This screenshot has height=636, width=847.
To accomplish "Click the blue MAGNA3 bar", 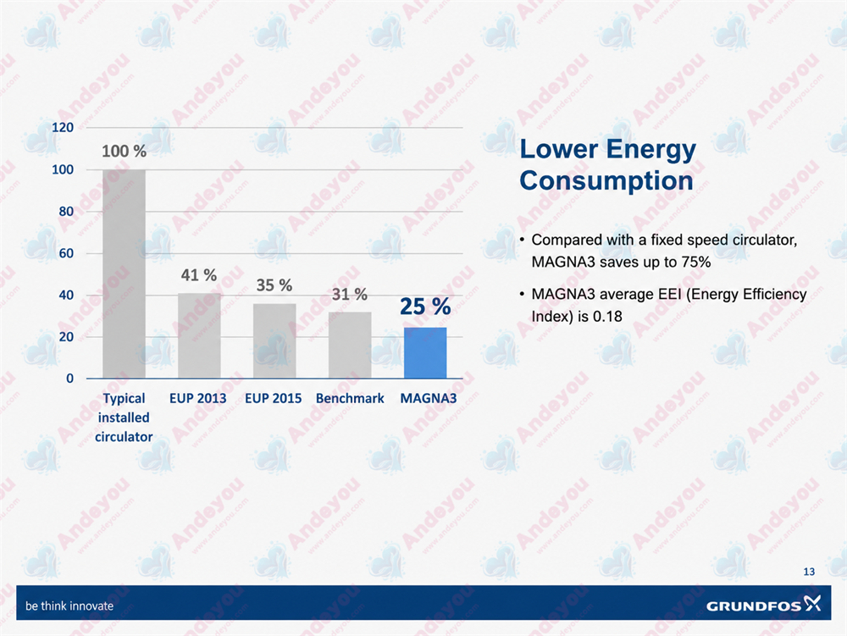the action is pyautogui.click(x=425, y=352).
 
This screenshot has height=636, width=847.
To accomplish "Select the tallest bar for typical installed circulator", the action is pyautogui.click(x=124, y=274).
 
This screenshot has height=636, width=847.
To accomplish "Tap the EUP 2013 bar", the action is pyautogui.click(x=199, y=336).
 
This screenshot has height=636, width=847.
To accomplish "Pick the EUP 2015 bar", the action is pyautogui.click(x=274, y=340).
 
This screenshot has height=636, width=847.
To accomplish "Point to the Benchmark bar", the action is pyautogui.click(x=350, y=345).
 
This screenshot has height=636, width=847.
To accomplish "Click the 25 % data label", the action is pyautogui.click(x=425, y=306).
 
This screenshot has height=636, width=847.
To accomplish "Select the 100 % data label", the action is pyautogui.click(x=125, y=152).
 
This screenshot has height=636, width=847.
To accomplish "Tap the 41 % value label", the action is pyautogui.click(x=199, y=275).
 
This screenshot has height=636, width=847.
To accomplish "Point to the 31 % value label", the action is pyautogui.click(x=350, y=294).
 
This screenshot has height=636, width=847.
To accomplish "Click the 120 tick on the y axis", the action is pyautogui.click(x=63, y=127).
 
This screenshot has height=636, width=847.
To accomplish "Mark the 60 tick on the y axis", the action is pyautogui.click(x=66, y=253).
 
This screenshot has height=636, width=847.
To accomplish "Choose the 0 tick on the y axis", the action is pyautogui.click(x=69, y=379).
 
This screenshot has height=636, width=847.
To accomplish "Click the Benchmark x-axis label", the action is pyautogui.click(x=350, y=398).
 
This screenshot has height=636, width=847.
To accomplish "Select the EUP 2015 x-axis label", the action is pyautogui.click(x=274, y=398).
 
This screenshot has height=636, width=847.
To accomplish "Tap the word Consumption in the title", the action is pyautogui.click(x=606, y=180).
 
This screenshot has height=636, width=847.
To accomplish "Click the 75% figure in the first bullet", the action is pyautogui.click(x=696, y=262).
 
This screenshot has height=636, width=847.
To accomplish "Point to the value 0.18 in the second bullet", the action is pyautogui.click(x=607, y=316).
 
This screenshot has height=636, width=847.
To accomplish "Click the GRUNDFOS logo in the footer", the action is pyautogui.click(x=764, y=604).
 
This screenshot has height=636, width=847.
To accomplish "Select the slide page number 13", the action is pyautogui.click(x=809, y=572).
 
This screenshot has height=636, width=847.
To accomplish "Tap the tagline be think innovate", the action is pyautogui.click(x=69, y=606).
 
